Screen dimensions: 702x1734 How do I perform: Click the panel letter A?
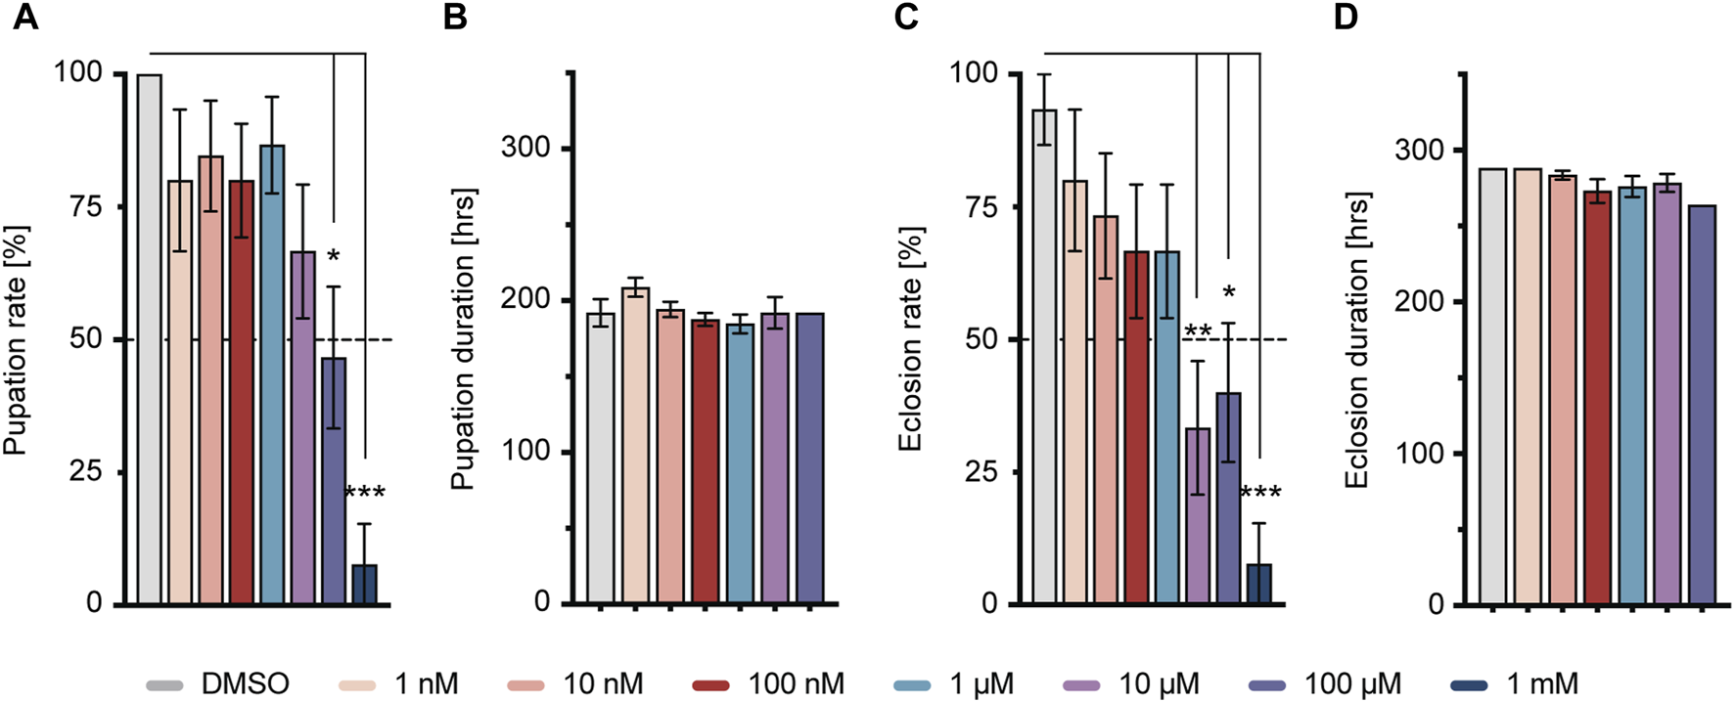(x=24, y=18)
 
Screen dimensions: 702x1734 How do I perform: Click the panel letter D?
(x=1346, y=18)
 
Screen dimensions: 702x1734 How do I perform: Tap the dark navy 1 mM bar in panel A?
(x=364, y=584)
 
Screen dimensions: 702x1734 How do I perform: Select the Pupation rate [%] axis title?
(x=17, y=340)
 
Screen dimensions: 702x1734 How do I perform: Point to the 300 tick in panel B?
(x=525, y=148)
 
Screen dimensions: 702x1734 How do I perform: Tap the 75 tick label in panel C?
(x=979, y=206)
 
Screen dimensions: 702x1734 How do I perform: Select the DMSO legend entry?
(x=217, y=684)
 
